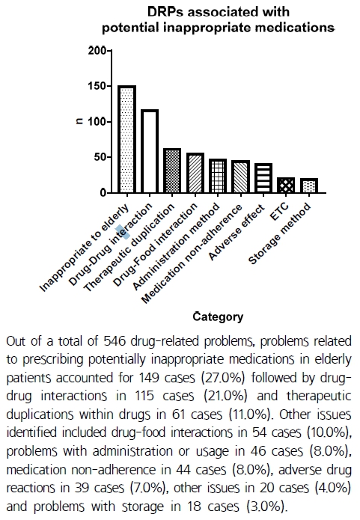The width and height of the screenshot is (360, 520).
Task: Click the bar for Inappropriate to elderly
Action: coord(126,139)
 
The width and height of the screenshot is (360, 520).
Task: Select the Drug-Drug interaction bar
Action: coord(149,151)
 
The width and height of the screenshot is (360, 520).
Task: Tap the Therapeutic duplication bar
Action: coord(172,171)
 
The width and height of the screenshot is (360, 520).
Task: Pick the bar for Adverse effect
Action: coord(263,178)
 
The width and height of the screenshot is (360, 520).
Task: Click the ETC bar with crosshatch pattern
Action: coord(286,186)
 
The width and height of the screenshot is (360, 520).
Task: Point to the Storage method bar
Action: coord(309,186)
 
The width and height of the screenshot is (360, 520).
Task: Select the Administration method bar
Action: coord(218,176)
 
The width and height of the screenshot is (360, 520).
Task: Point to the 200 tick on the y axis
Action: coord(97,51)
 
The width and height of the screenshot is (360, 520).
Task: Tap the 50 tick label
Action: coord(100,157)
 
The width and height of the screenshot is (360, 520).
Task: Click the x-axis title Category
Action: coord(218,317)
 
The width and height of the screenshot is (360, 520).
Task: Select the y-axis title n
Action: coord(79,122)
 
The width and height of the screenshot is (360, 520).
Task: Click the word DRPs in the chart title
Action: coord(165,12)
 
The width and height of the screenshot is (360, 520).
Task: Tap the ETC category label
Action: coord(279,212)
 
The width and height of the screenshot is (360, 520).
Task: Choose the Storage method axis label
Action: coord(279,234)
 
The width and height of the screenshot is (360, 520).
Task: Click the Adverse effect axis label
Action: coord(237,232)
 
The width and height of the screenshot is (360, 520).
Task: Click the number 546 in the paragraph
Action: coord(115,341)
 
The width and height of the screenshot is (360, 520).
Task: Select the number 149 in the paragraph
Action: coord(149,378)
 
